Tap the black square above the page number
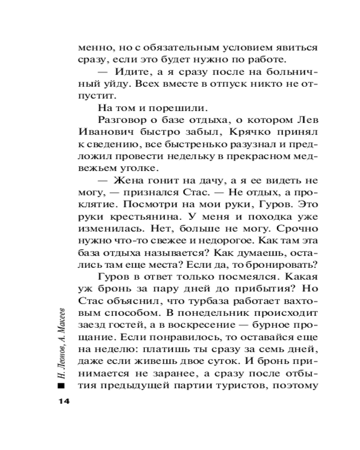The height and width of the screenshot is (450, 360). coord(61,386)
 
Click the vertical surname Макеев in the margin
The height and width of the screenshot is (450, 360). coord(61,325)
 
